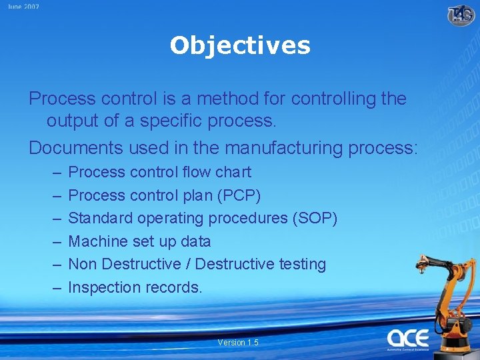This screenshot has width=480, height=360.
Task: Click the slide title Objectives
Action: pyautogui.click(x=240, y=45)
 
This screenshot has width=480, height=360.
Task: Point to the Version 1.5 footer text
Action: pyautogui.click(x=237, y=342)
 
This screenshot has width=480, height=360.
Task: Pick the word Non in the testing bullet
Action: pyautogui.click(x=83, y=264)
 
